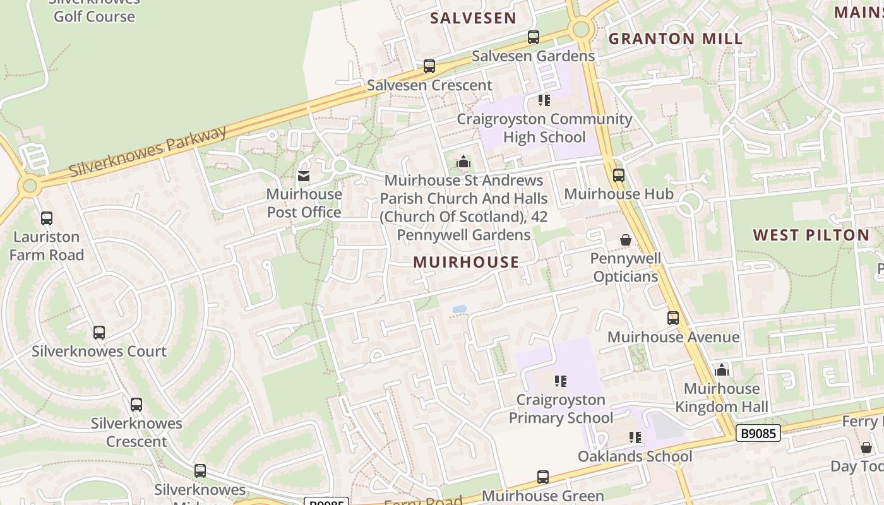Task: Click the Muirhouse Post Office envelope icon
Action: [304, 176]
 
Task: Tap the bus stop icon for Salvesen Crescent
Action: [429, 66]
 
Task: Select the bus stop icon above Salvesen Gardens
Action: [534, 37]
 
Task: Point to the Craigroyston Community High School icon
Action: [544, 100]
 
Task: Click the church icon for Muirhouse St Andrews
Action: [463, 162]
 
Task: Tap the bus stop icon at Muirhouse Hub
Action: [619, 175]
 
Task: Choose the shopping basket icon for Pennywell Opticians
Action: [626, 240]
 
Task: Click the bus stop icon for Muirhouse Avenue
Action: [673, 318]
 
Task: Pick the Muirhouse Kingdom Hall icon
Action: [722, 370]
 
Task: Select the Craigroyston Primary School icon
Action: [561, 381]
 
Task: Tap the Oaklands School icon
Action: [635, 437]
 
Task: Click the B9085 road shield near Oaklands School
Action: [758, 434]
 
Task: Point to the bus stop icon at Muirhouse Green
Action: [543, 477]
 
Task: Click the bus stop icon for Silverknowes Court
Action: [99, 333]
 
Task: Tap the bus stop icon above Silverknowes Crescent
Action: [136, 405]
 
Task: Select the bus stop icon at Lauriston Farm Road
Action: [47, 218]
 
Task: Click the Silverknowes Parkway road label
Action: [148, 151]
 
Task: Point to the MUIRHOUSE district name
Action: [466, 262]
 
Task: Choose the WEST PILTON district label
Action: [811, 235]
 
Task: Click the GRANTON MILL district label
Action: [676, 39]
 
